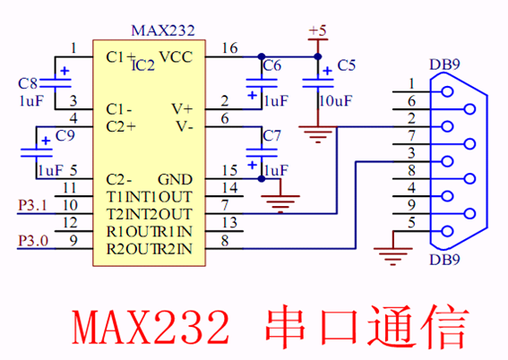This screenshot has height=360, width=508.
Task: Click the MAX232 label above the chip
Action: (163, 30)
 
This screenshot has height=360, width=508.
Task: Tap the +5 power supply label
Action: (317, 30)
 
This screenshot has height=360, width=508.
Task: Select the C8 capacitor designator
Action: (28, 83)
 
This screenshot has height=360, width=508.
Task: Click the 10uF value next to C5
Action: (335, 101)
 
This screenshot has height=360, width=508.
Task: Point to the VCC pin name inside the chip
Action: (176, 57)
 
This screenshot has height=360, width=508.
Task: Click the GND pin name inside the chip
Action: (175, 179)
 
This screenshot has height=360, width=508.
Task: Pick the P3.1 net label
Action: (32, 205)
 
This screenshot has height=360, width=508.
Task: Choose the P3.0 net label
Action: (33, 240)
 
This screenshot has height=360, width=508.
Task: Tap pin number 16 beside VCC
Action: (229, 48)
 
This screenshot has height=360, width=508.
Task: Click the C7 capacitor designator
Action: (271, 135)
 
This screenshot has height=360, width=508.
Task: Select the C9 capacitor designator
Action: (65, 135)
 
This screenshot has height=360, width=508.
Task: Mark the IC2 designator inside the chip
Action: (143, 65)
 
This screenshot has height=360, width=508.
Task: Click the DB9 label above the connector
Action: (444, 64)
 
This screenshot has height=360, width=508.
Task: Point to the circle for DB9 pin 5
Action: (447, 231)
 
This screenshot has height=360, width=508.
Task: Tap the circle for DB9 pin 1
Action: (447, 91)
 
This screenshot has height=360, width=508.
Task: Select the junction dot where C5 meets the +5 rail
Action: (318, 57)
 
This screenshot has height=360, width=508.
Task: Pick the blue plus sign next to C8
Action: (65, 71)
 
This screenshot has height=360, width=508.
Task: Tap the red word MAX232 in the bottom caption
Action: (151, 327)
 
